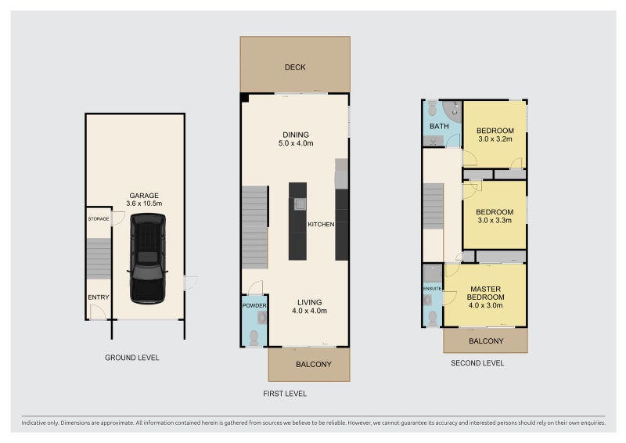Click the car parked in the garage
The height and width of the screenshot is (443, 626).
[x=148, y=258]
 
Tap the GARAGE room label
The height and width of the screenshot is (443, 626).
[x=144, y=196]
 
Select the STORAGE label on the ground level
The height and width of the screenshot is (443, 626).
[x=99, y=219]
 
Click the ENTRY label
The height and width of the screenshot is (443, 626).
[x=99, y=297]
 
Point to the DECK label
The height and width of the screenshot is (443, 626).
[x=295, y=67]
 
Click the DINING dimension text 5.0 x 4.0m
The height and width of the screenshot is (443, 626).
[x=296, y=143]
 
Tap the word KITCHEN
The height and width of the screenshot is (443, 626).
[x=321, y=225]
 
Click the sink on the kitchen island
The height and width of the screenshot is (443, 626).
[x=300, y=204]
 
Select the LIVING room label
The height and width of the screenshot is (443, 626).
[x=309, y=302]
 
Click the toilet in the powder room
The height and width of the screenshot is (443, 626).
[x=254, y=338]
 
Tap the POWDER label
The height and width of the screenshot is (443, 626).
[x=254, y=305]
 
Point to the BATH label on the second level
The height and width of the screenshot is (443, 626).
[x=439, y=126]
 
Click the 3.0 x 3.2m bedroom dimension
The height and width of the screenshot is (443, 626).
[x=495, y=139]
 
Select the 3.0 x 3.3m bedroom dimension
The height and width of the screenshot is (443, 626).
[x=495, y=220]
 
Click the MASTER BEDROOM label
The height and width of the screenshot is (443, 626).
[x=485, y=293]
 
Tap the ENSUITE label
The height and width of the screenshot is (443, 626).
[x=433, y=288]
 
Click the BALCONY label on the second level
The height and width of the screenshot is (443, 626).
[x=486, y=341]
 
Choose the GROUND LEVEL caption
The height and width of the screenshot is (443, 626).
[x=132, y=358]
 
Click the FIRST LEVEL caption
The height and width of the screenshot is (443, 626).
[x=285, y=394]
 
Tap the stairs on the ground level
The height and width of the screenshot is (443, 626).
[x=99, y=258]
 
